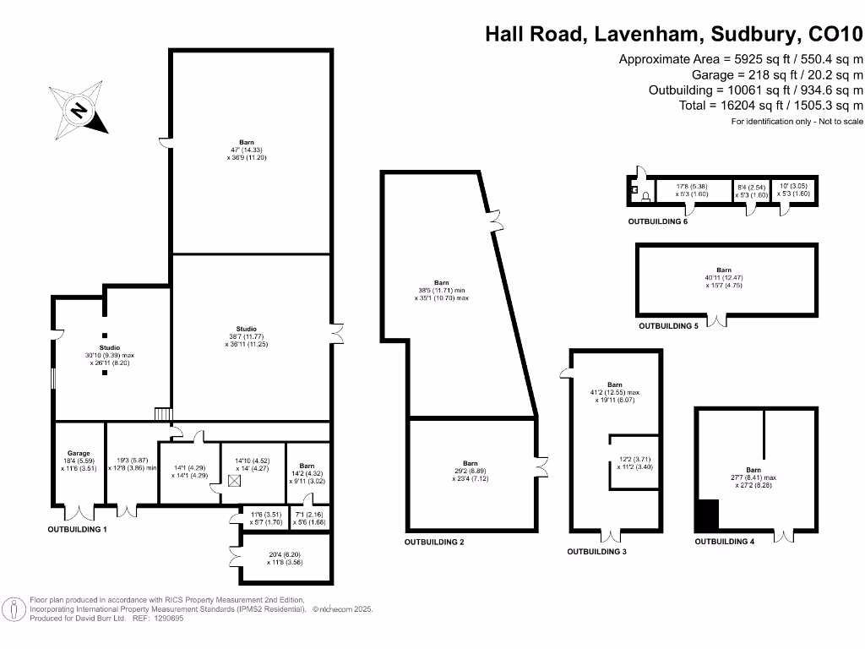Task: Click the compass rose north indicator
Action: [79, 110]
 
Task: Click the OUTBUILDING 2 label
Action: [434, 541]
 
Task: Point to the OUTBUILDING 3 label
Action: [596, 551]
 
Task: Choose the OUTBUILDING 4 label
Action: [724, 542]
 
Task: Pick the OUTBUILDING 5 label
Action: [668, 325]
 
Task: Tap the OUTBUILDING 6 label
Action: [657, 221]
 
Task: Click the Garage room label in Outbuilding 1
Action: [79, 453]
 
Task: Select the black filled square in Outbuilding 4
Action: [706, 515]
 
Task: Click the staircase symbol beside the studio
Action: [163, 414]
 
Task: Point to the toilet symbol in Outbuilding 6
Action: [646, 197]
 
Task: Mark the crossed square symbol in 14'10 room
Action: [234, 480]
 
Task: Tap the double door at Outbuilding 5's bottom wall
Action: [719, 320]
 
